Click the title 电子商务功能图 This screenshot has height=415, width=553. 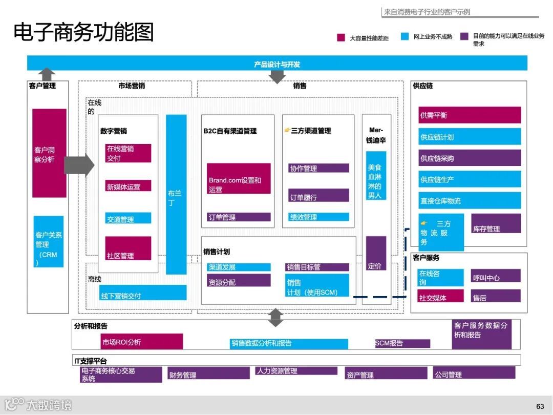(x=83, y=32)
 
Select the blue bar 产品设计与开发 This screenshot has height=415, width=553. (x=277, y=64)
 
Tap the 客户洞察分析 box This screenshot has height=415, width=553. (x=49, y=153)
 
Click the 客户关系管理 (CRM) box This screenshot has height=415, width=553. (x=49, y=241)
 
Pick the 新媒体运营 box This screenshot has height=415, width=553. (x=128, y=186)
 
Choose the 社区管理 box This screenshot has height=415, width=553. (x=128, y=248)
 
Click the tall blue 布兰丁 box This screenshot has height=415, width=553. (x=176, y=194)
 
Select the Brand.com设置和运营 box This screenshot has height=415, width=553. (x=239, y=179)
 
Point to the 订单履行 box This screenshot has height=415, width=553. (x=318, y=195)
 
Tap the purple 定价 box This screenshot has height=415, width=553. (x=376, y=253)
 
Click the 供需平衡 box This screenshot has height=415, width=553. (x=470, y=115)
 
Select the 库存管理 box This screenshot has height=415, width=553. (x=496, y=223)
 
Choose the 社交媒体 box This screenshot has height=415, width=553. (x=440, y=296)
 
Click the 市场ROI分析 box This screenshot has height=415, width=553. (x=142, y=341)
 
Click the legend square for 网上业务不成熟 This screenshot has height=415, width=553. (x=405, y=37)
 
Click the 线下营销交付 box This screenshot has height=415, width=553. (x=143, y=293)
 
